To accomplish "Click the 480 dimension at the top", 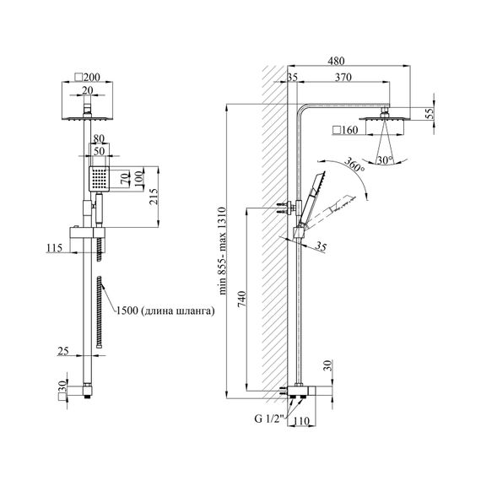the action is click(x=336, y=61).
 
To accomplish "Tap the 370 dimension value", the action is click(x=343, y=78).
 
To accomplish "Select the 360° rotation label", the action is click(x=354, y=164).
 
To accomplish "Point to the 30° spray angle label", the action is click(x=385, y=159).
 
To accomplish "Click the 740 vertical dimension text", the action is click(x=241, y=300).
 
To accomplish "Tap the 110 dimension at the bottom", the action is click(x=301, y=421).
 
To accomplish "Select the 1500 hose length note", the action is click(x=165, y=311).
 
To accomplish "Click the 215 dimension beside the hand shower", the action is click(x=154, y=197).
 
